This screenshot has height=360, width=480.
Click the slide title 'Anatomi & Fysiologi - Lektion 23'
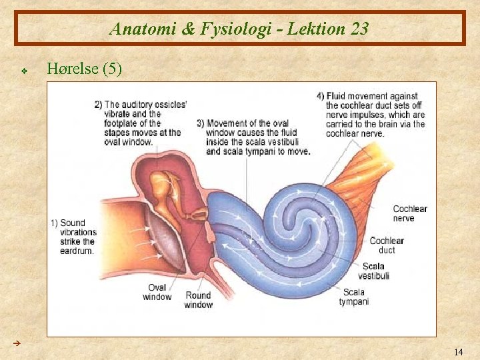point(239,29)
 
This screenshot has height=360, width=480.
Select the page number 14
point(458,351)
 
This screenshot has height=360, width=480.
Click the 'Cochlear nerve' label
point(409,213)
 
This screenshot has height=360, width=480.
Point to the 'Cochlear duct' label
point(387,245)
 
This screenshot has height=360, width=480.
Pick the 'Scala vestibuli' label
point(373,271)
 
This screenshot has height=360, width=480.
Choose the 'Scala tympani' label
point(353,297)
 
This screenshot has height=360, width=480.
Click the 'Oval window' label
point(157,292)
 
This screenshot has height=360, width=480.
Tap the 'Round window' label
point(198,300)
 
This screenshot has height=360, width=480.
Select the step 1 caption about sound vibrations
point(75,237)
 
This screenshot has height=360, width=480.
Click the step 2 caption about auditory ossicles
point(140,123)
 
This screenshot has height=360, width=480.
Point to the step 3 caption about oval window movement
point(253,137)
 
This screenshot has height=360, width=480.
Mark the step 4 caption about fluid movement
point(371,115)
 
